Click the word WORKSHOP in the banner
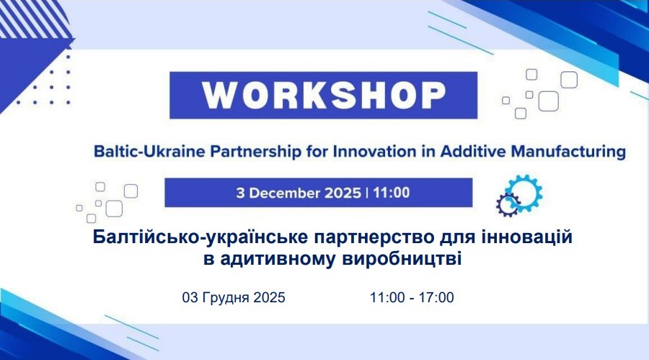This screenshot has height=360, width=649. click(x=324, y=95)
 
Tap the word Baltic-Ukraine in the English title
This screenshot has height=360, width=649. click(x=149, y=152)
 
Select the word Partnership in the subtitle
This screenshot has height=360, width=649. click(x=256, y=152)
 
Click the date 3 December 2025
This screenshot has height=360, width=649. click(x=299, y=193)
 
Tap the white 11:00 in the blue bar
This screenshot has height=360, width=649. click(x=392, y=193)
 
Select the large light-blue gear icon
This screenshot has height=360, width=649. click(x=524, y=192)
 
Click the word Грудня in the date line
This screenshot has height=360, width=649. click(x=226, y=297)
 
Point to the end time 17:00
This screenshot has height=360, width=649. click(x=436, y=297)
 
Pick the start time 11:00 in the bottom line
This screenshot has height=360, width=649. click(x=387, y=297)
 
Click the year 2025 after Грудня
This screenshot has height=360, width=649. click(x=270, y=297)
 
